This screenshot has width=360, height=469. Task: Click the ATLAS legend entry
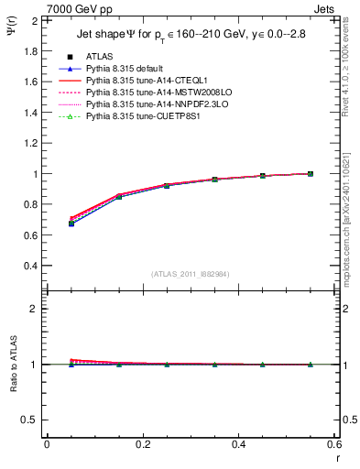coord(100,57)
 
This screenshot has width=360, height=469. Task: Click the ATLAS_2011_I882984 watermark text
coord(191,274)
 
